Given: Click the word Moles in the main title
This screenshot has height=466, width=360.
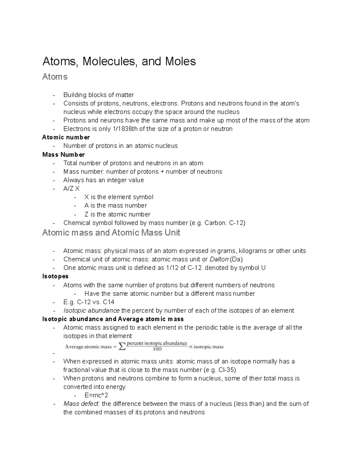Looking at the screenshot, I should [x=180, y=62].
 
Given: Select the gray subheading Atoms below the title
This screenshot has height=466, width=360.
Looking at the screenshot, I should [x=55, y=77].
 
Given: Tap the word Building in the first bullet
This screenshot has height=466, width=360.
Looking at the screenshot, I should [x=75, y=95].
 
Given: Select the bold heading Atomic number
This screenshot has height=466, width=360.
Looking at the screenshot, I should [x=66, y=137].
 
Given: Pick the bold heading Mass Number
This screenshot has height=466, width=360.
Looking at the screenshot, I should [x=64, y=155].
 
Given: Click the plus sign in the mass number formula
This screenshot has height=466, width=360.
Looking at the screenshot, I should [x=162, y=172].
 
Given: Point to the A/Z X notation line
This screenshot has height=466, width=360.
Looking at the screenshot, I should [x=71, y=189].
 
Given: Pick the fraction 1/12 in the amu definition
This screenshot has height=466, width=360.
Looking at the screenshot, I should [x=172, y=268].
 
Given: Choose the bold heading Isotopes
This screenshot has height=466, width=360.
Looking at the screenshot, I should [x=55, y=276].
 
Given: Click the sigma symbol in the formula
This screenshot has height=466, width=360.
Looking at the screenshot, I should [x=122, y=347].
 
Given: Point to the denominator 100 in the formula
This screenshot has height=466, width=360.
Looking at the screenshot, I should [x=157, y=349].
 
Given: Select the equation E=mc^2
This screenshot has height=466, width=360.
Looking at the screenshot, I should [x=96, y=395].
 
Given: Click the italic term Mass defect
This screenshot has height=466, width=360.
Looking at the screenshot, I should [x=82, y=404].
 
